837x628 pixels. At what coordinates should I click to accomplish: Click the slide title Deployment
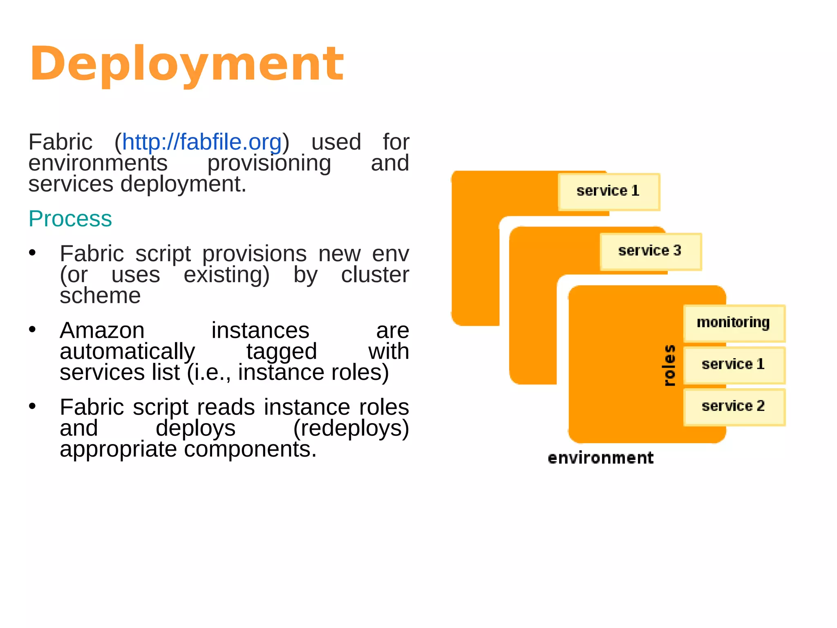click(x=187, y=64)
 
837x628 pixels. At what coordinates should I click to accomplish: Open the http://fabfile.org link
click(x=202, y=142)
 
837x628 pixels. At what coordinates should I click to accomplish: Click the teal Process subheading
click(x=70, y=218)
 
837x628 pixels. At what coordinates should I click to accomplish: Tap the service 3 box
click(x=650, y=251)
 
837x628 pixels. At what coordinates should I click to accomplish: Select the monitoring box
click(x=734, y=323)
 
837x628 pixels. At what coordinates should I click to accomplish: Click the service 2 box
click(x=734, y=406)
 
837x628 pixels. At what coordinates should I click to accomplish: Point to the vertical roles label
click(x=669, y=365)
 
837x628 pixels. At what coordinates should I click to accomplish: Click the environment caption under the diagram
click(x=600, y=458)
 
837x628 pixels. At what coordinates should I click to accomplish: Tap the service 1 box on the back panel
click(x=609, y=191)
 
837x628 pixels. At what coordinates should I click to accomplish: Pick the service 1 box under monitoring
click(x=734, y=364)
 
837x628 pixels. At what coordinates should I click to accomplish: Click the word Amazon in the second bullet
click(x=102, y=330)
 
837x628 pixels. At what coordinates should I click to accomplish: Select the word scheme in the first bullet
click(x=100, y=296)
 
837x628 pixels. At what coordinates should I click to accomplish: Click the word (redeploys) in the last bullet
click(x=351, y=428)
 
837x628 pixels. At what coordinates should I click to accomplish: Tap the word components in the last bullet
click(x=250, y=449)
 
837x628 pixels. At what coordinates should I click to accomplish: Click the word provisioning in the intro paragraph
click(x=269, y=163)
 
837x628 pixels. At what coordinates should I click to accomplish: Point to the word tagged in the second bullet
click(x=282, y=351)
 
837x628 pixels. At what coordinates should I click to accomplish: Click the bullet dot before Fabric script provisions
click(x=33, y=253)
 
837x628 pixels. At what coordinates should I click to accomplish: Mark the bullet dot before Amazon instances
click(x=33, y=330)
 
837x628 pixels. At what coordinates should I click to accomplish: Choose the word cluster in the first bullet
click(x=375, y=274)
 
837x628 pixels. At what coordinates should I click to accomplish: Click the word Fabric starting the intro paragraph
click(x=60, y=142)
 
